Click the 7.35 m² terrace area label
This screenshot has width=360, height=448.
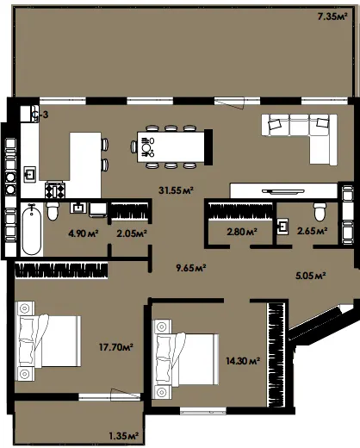point(332,16)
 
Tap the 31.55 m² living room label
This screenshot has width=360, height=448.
point(176,190)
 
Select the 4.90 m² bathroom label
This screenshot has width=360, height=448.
point(84,233)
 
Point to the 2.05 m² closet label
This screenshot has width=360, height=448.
point(132,233)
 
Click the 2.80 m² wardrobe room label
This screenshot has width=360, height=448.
point(242,232)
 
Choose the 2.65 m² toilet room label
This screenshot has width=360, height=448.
point(313,231)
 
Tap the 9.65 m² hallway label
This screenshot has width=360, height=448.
point(191,268)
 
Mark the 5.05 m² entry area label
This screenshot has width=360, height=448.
point(311,276)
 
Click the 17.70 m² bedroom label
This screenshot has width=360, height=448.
point(116,347)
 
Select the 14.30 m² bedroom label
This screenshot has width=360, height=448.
point(243,361)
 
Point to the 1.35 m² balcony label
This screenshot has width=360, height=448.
point(124,436)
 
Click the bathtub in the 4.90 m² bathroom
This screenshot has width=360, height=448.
point(32,229)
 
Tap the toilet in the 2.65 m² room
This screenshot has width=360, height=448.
point(320,212)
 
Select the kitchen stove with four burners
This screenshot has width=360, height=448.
point(55,190)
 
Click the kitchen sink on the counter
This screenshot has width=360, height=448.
point(29,174)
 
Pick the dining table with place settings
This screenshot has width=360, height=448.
point(171,147)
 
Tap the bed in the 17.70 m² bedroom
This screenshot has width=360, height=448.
point(48,341)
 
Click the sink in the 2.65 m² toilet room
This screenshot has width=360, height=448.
point(283,227)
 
